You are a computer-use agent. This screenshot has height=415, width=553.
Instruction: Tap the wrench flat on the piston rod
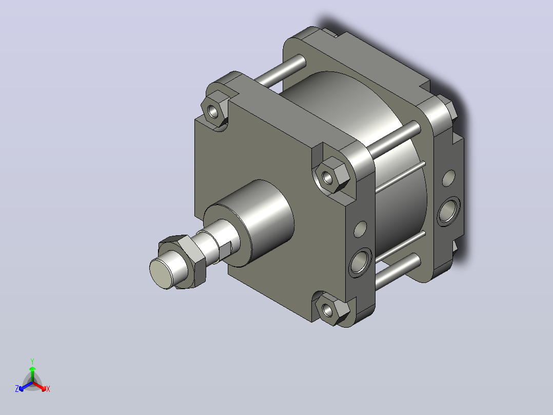pyautogui.click(x=225, y=250)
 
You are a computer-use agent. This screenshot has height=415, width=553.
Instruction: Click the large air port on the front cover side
pyautogui.click(x=360, y=262)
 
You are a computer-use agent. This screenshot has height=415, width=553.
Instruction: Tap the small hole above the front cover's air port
pyautogui.click(x=360, y=229)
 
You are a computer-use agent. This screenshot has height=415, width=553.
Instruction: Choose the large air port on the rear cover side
pyautogui.click(x=448, y=211)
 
